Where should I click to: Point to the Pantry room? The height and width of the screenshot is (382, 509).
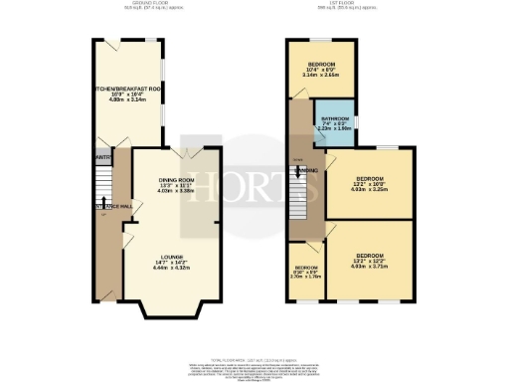[x=102, y=157]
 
